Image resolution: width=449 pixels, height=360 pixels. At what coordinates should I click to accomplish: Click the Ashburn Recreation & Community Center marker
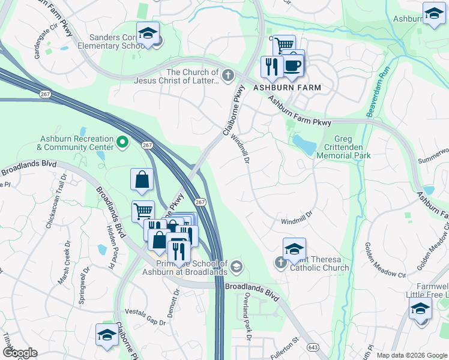tap(122, 142)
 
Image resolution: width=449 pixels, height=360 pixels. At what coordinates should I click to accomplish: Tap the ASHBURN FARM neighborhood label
tap(287, 88)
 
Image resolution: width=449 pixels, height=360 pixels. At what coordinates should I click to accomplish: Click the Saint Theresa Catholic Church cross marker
tap(280, 262)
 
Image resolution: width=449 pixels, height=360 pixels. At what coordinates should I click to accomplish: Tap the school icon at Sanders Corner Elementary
tap(147, 34)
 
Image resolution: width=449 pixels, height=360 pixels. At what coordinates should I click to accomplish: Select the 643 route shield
tap(312, 347)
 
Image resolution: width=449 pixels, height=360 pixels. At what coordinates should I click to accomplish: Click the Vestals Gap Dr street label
tap(145, 317)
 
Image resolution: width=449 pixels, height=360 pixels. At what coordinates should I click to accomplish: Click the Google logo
tap(20, 353)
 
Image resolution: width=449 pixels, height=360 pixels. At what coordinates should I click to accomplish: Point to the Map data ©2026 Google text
tap(411, 355)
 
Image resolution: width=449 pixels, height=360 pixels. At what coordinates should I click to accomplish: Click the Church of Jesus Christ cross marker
tap(227, 76)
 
